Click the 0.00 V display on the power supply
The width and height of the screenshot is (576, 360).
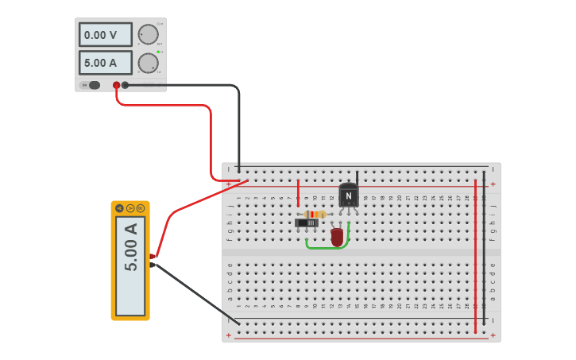click(x=105, y=35)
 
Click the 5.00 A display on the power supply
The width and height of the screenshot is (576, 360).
click(x=105, y=63)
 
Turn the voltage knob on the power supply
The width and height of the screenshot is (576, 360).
click(x=148, y=34)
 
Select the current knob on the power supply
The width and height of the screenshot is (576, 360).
click(x=148, y=63)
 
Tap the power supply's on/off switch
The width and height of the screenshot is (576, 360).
click(x=94, y=85)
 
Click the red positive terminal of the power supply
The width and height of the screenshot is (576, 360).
click(x=117, y=85)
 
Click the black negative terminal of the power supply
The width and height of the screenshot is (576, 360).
click(x=126, y=85)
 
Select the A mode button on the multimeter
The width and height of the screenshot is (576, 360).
click(x=119, y=208)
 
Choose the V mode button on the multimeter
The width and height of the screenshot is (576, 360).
click(x=130, y=208)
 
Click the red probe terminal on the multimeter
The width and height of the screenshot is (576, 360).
click(x=152, y=256)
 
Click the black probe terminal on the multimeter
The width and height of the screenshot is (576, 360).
click(x=152, y=265)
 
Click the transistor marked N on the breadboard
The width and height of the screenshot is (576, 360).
click(x=348, y=195)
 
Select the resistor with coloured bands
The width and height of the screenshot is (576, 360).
click(x=315, y=215)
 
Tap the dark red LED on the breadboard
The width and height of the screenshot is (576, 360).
click(x=337, y=236)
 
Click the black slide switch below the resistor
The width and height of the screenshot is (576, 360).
click(x=307, y=223)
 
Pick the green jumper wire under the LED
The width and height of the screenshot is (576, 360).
click(x=327, y=248)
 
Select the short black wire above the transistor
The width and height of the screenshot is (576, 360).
click(x=357, y=178)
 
